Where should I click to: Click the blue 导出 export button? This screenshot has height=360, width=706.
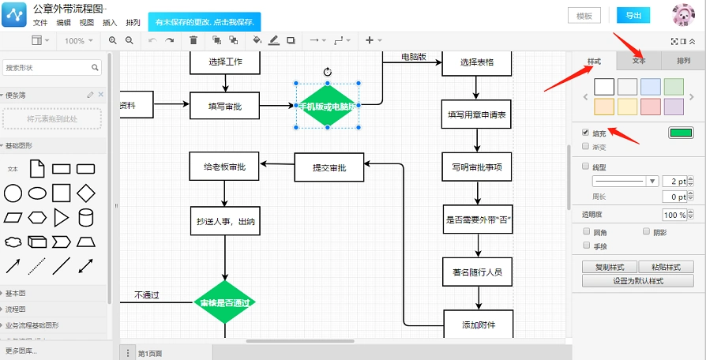pyautogui.click(x=633, y=16)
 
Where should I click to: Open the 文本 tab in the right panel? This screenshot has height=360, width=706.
pyautogui.click(x=639, y=61)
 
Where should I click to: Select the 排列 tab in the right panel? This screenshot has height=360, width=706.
pyautogui.click(x=683, y=61)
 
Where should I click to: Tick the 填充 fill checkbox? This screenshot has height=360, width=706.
pyautogui.click(x=585, y=133)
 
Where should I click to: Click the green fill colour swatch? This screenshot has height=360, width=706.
pyautogui.click(x=681, y=133)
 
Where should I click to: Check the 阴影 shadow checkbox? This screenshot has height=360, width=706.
pyautogui.click(x=647, y=232)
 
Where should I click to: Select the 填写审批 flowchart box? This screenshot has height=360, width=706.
pyautogui.click(x=225, y=105)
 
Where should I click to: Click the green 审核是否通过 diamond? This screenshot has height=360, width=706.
pyautogui.click(x=225, y=302)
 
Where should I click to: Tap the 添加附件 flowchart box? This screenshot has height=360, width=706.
pyautogui.click(x=478, y=324)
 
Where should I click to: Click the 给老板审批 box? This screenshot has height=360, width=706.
pyautogui.click(x=225, y=167)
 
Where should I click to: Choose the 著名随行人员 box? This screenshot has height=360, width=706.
pyautogui.click(x=478, y=272)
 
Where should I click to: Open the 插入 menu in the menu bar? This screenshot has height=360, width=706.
pyautogui.click(x=110, y=23)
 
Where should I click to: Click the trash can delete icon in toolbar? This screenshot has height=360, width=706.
pyautogui.click(x=193, y=40)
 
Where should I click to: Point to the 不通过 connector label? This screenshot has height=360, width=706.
pyautogui.click(x=147, y=295)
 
